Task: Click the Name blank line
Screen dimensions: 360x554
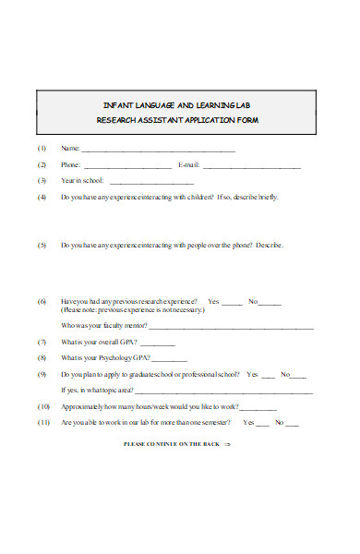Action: click(x=159, y=150)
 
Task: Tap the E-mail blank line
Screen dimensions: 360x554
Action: click(x=251, y=167)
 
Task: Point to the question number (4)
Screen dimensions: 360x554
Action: click(x=42, y=198)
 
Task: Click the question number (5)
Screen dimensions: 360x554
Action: click(x=42, y=246)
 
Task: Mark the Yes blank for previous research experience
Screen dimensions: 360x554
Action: click(x=233, y=303)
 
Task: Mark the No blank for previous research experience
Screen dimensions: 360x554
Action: click(x=271, y=303)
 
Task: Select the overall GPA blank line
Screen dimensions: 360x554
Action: click(x=157, y=343)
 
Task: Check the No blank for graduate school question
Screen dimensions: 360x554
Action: click(x=300, y=376)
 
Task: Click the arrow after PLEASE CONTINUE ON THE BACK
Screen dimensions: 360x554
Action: click(x=227, y=444)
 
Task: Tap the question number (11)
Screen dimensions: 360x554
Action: click(x=42, y=423)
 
